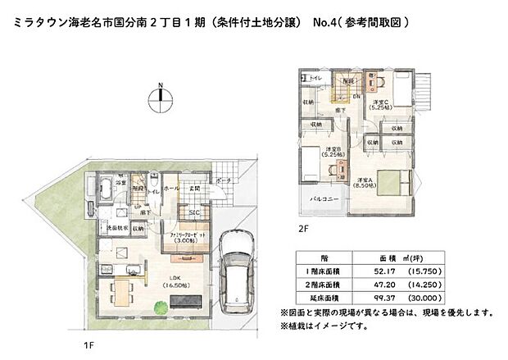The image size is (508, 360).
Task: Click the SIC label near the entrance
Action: (x=195, y=212)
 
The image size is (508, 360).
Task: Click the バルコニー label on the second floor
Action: (x=320, y=198)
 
